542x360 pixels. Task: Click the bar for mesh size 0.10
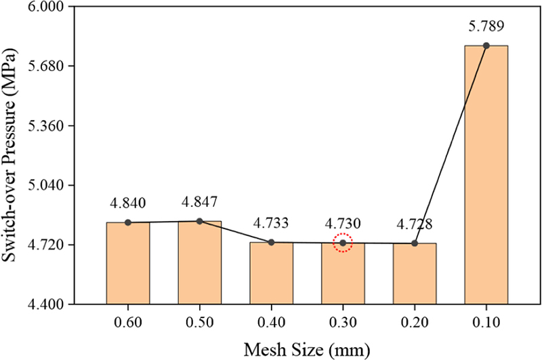pos(486,175)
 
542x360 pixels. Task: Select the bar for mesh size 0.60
pos(128,263)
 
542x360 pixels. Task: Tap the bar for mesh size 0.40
pos(271,273)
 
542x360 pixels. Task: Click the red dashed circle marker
pos(343,243)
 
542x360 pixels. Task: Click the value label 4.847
pos(200,203)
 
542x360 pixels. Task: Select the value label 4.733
pos(271,223)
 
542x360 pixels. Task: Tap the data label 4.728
pos(415,224)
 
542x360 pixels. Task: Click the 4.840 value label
pos(128,204)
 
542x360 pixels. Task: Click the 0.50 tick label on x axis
pos(200,322)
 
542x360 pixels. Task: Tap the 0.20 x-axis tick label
pos(415,322)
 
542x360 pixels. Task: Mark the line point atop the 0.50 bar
pos(200,221)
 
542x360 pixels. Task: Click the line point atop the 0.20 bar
pos(415,243)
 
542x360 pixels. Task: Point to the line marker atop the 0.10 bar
pos(486,45)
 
